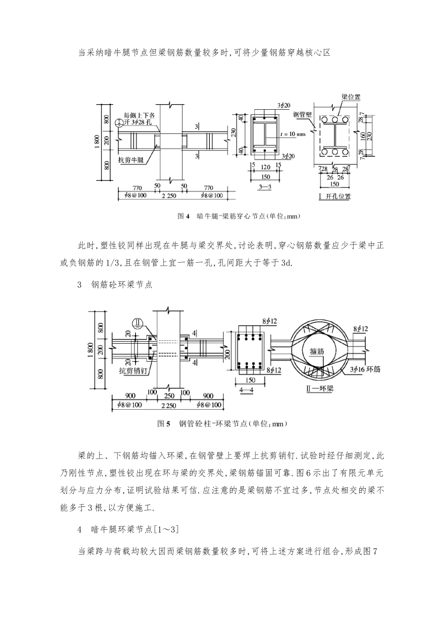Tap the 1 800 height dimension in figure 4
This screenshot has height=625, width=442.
[x=97, y=141]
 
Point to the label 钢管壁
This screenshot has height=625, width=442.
[x=302, y=114]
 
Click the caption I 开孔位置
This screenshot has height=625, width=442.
[x=335, y=197]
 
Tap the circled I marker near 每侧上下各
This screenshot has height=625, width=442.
[x=120, y=122]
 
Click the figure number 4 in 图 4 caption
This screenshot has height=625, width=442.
[x=188, y=216]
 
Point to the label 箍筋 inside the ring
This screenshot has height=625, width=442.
[x=316, y=352]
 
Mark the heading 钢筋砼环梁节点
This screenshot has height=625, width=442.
[x=122, y=285]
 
